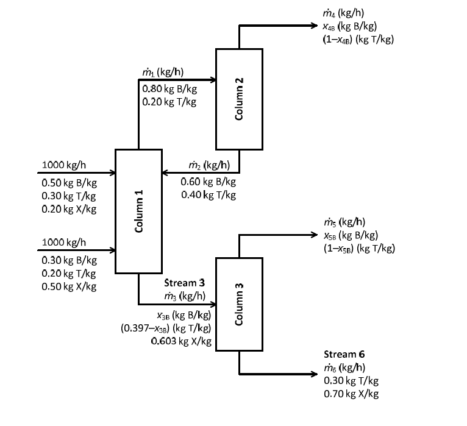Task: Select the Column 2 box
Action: coord(239,99)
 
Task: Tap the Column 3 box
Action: coord(239,304)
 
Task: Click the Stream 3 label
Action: coord(185,283)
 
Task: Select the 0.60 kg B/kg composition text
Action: coord(208,182)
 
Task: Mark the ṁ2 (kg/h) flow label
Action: coord(208,165)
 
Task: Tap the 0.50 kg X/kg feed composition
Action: coord(68,286)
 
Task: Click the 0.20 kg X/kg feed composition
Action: coord(68,209)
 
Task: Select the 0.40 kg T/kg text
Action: coord(209,195)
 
